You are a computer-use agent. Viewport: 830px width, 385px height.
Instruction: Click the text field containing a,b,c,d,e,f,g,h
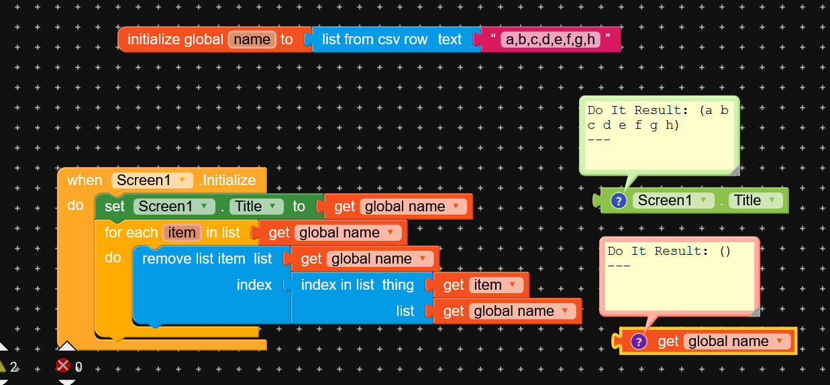coord(550,40)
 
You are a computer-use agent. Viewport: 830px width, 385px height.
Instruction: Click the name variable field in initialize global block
coord(252,40)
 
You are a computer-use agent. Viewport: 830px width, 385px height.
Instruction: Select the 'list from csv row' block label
coord(374,40)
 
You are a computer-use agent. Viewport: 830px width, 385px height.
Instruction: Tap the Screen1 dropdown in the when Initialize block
coord(152,180)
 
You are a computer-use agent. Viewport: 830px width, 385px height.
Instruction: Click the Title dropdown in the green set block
coord(256,207)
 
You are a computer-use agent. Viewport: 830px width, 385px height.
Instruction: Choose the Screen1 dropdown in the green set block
coord(174,207)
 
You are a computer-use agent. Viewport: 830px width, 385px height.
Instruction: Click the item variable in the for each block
coord(182,233)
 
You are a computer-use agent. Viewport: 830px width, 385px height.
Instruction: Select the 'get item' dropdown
coord(496,285)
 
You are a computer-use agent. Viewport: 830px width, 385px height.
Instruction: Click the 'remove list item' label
coord(193,259)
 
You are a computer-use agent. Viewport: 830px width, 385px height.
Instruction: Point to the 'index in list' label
coord(338,285)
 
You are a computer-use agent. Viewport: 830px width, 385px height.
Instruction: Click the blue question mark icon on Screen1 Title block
coord(619,201)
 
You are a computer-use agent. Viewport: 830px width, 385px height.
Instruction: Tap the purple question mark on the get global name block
coord(639,341)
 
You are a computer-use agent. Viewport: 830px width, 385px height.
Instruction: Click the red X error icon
coord(63,366)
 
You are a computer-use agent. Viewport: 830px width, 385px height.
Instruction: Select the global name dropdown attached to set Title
coord(413,207)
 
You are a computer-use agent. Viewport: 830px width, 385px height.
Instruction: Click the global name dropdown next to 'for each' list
coord(348,233)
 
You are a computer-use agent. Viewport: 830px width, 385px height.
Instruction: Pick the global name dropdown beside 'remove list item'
coord(380,259)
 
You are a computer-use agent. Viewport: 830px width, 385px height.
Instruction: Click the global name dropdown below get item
coord(523,311)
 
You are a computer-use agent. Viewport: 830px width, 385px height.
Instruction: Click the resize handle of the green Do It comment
coord(735,170)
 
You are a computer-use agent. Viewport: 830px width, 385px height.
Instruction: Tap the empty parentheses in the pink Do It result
coord(725,251)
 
